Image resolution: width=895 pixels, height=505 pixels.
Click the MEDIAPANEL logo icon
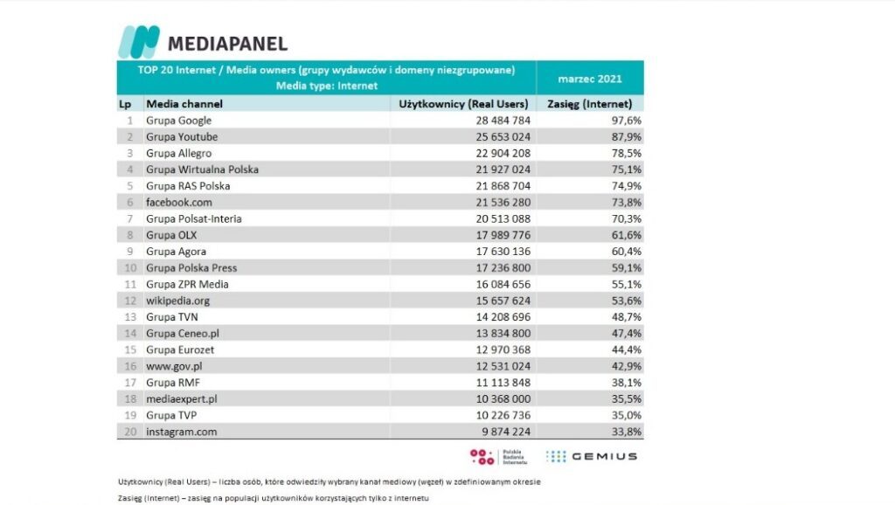click(139, 42)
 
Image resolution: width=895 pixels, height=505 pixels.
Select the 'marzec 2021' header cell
click(590, 79)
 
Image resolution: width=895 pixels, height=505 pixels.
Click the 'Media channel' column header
click(184, 104)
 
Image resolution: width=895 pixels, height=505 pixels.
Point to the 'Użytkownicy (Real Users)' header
click(463, 104)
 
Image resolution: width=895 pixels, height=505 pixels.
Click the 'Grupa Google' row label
click(178, 121)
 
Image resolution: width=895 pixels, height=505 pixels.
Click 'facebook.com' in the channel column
click(178, 202)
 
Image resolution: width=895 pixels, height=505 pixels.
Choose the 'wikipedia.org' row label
click(177, 301)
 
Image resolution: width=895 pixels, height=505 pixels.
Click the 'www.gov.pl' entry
click(174, 366)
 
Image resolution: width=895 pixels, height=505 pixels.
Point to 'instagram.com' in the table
click(181, 432)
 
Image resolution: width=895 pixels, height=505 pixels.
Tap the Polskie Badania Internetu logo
click(495, 456)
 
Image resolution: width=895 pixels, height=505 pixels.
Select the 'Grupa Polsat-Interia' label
click(193, 218)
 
